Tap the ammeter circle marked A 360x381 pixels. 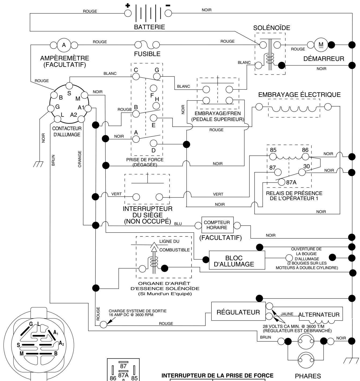tap(64, 45)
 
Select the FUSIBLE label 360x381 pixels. tap(147, 54)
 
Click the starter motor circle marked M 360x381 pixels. tap(321, 45)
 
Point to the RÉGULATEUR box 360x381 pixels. tap(238, 312)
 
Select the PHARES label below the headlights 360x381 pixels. tap(308, 376)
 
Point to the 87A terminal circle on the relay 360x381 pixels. tap(281, 182)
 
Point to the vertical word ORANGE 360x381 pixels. tap(80, 159)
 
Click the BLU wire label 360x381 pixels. tap(178, 223)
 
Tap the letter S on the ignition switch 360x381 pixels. tap(69, 93)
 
